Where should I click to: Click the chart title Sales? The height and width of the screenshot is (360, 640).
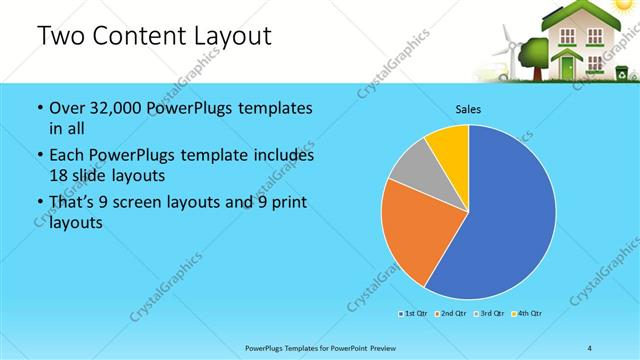468,108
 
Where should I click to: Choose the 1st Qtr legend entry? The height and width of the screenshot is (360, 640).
414,314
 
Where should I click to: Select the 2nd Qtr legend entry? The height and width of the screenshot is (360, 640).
451,314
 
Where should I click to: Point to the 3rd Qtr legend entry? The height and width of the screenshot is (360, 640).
488,314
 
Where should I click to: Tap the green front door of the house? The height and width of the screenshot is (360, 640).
568,66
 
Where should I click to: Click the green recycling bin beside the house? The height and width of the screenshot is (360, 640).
621,72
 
